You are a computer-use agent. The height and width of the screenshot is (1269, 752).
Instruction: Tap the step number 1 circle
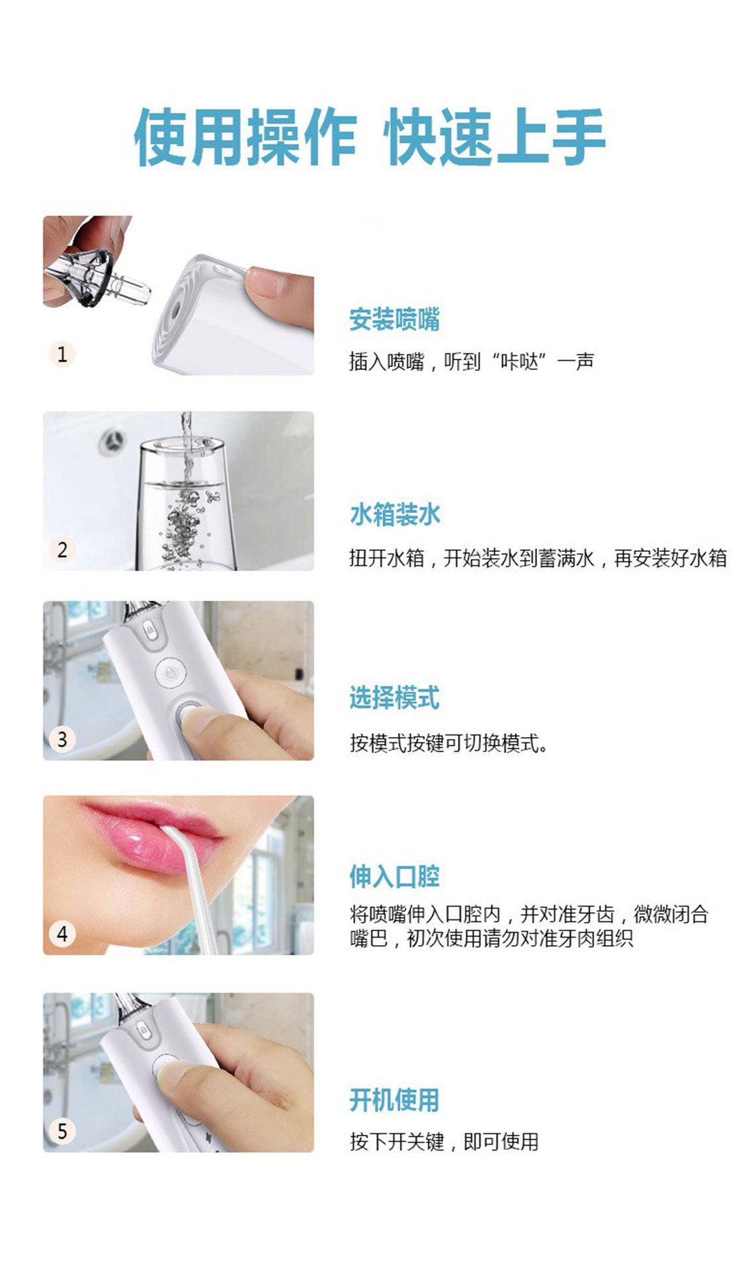point(62,354)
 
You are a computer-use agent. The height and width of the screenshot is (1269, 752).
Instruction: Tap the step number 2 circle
point(62,549)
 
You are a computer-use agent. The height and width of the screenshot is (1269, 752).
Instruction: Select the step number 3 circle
point(62,738)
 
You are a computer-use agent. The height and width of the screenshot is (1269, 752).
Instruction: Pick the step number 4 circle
point(62,933)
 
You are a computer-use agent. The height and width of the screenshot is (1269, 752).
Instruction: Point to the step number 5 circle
point(62,1130)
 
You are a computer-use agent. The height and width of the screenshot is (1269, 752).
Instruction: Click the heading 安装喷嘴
point(394,319)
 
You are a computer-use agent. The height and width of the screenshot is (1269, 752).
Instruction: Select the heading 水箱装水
point(394,514)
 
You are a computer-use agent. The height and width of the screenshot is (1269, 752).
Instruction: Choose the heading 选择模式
point(394,698)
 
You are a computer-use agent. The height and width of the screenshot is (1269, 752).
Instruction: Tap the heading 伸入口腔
point(394,877)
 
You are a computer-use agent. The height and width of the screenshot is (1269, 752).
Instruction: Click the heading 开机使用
point(394,1100)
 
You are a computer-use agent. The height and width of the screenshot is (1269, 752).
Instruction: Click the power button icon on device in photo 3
point(171,673)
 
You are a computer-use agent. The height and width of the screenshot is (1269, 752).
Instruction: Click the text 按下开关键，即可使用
point(444,1141)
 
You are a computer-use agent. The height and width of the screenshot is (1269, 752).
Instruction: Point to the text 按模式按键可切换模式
point(448,743)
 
